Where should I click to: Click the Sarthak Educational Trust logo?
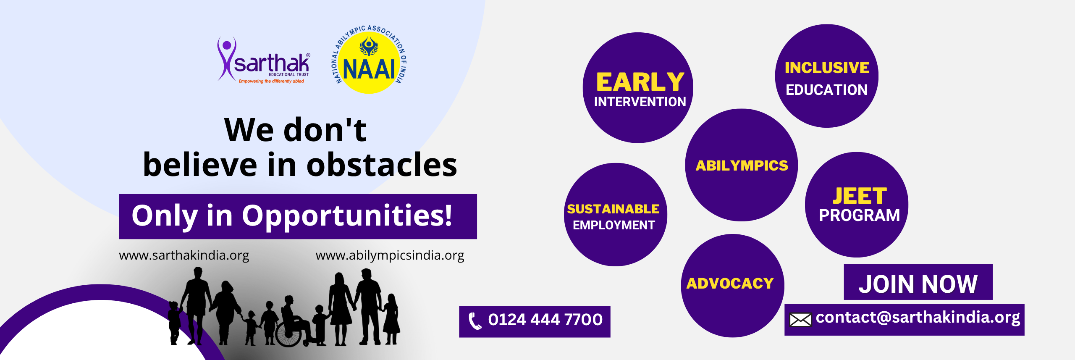pyautogui.click(x=264, y=60)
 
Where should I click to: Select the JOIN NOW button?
pyautogui.click(x=918, y=282)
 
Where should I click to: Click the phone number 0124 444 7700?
pyautogui.click(x=545, y=320)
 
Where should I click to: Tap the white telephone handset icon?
pyautogui.click(x=475, y=321)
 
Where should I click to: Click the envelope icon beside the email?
pyautogui.click(x=800, y=320)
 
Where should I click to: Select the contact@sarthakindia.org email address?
pyautogui.click(x=918, y=318)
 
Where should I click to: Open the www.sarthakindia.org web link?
pyautogui.click(x=184, y=255)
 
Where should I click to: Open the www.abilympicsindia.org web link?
pyautogui.click(x=390, y=255)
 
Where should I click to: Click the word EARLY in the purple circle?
pyautogui.click(x=640, y=82)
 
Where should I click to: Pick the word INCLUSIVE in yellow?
pyautogui.click(x=827, y=68)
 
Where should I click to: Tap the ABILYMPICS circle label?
pyautogui.click(x=742, y=166)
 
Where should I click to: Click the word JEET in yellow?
pyautogui.click(x=860, y=196)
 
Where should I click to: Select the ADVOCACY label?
pyautogui.click(x=730, y=284)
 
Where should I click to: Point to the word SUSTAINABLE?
pyautogui.click(x=613, y=209)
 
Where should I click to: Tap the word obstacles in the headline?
pyautogui.click(x=382, y=165)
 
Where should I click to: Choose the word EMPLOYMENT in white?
pyautogui.click(x=614, y=225)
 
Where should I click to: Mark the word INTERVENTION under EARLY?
pyautogui.click(x=640, y=102)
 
